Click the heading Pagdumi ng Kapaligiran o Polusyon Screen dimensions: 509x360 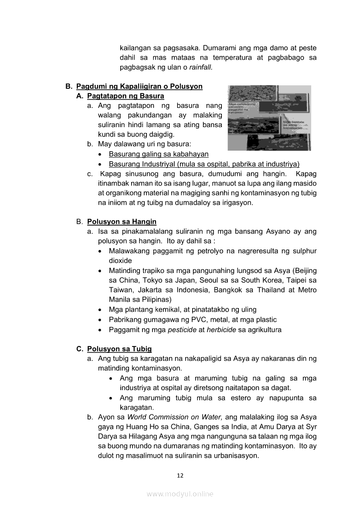point(139,86)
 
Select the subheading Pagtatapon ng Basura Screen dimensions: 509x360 point(126,96)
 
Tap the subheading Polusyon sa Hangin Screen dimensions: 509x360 point(122,222)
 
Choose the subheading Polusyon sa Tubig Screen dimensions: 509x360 point(119,349)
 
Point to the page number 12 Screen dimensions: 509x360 point(180,475)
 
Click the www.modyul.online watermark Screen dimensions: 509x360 point(180,494)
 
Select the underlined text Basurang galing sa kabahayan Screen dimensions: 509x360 point(159,154)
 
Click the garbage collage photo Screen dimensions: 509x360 point(269,118)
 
